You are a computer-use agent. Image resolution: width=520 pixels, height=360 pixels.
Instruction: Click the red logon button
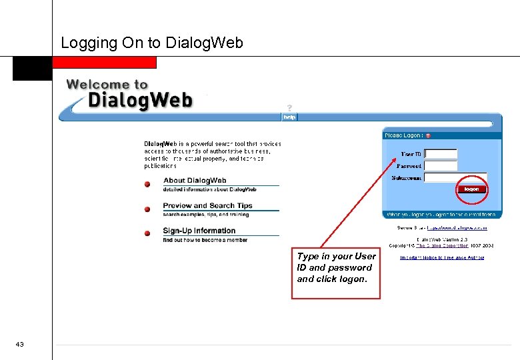pyautogui.click(x=471, y=189)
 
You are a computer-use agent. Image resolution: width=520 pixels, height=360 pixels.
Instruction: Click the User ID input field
pyautogui.click(x=441, y=154)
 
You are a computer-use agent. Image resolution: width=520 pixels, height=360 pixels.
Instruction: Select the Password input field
pyautogui.click(x=441, y=166)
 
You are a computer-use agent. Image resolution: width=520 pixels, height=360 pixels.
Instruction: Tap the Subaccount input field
pyautogui.click(x=455, y=178)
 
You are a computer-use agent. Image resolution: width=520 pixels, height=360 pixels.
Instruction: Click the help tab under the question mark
pyautogui.click(x=289, y=117)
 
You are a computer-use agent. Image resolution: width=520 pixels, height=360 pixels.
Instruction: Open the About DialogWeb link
pyautogui.click(x=195, y=181)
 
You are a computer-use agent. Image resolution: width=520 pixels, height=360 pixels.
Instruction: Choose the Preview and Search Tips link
pyautogui.click(x=207, y=206)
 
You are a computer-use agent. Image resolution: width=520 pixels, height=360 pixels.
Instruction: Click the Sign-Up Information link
pyautogui.click(x=199, y=231)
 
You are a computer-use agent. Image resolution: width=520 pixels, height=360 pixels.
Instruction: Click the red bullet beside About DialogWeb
pyautogui.click(x=147, y=184)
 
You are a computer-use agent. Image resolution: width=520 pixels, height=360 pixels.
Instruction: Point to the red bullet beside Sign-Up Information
pyautogui.click(x=147, y=233)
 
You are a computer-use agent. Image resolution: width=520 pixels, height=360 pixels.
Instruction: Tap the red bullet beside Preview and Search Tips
pyautogui.click(x=147, y=209)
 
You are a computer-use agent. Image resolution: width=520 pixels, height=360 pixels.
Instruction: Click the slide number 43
pyautogui.click(x=19, y=344)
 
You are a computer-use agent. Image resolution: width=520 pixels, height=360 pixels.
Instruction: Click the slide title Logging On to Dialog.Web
pyautogui.click(x=152, y=43)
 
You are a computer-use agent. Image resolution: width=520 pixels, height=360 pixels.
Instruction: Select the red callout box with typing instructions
pyautogui.click(x=336, y=273)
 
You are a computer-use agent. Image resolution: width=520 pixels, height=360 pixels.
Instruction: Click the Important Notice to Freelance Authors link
pyautogui.click(x=442, y=257)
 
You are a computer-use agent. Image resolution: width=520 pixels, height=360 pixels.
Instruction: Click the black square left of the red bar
pyautogui.click(x=32, y=69)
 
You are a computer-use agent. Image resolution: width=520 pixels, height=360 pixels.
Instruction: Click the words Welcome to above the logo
pyautogui.click(x=107, y=85)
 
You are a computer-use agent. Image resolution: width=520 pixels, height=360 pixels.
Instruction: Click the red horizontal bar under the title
pyautogui.click(x=104, y=62)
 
